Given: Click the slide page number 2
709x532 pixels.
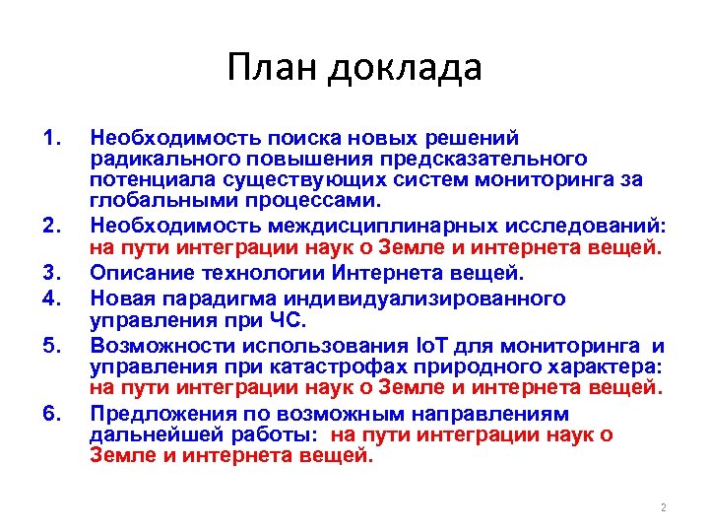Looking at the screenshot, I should (663, 507).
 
